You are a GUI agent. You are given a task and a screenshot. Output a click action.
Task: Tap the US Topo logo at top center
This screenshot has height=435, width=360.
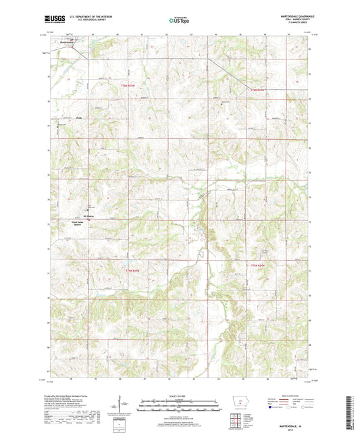179,21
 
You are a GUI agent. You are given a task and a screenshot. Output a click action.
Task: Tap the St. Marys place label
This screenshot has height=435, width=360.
89,216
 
